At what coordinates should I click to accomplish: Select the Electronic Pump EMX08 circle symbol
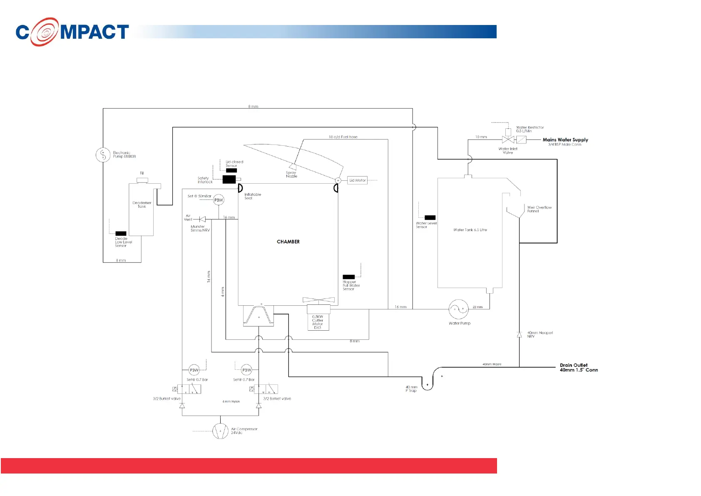tap(103, 155)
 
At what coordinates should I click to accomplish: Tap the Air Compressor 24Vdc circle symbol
tap(220, 431)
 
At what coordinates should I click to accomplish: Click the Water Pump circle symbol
tap(459, 309)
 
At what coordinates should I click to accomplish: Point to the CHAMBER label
tap(288, 242)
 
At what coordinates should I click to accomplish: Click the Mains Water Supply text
tap(565, 140)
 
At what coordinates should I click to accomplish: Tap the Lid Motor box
tap(357, 180)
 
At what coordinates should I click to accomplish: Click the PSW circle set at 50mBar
tap(219, 200)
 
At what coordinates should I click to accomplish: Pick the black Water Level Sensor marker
tap(430, 218)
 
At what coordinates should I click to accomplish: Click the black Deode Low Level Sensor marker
tap(121, 234)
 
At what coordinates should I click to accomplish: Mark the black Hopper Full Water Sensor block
tap(348, 277)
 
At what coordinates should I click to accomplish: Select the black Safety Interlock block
tap(229, 179)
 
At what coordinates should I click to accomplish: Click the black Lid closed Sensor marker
tap(231, 170)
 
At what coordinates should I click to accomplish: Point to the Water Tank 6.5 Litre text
tap(470, 230)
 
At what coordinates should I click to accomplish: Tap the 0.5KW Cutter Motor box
tap(318, 322)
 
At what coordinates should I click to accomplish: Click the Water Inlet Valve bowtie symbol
tap(508, 140)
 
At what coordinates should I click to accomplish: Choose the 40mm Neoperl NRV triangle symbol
tap(519, 335)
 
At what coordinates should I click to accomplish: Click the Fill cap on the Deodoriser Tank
tap(142, 180)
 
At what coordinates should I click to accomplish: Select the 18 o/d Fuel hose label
tap(343, 137)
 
